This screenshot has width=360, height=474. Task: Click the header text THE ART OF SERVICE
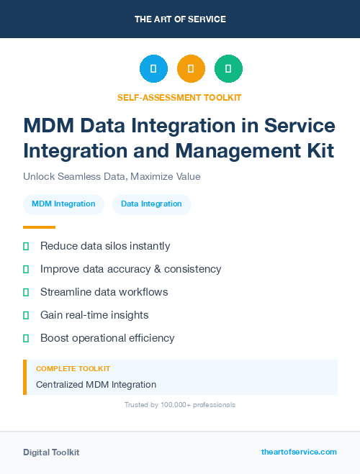click(180, 19)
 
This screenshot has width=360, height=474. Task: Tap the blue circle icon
click(153, 69)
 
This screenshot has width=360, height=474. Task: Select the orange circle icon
click(191, 69)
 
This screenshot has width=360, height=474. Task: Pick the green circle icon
click(228, 69)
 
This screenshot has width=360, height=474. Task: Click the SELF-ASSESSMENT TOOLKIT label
click(180, 97)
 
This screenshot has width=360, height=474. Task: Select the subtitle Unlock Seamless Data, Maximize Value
click(112, 176)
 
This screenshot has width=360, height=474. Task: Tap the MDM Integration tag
click(63, 204)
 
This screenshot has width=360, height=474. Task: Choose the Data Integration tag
click(151, 204)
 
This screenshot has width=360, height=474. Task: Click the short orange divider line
click(39, 227)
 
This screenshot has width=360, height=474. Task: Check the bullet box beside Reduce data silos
click(26, 247)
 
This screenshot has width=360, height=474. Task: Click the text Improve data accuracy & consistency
click(130, 269)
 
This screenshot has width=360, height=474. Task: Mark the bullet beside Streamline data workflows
click(26, 292)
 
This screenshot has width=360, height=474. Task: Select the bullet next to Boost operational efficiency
click(26, 338)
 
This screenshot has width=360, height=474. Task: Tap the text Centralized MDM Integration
click(96, 385)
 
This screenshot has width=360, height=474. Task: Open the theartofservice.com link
click(299, 452)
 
